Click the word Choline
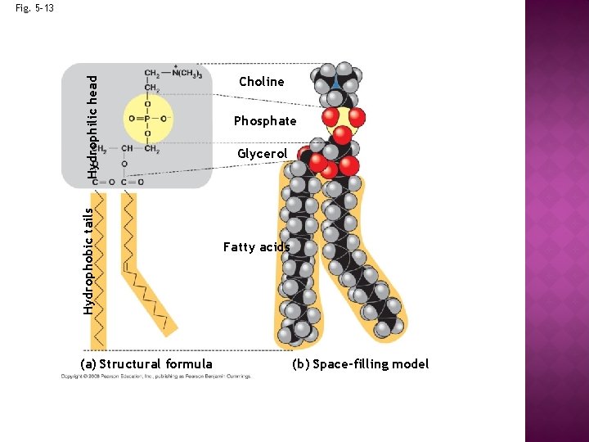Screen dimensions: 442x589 tap(262, 82)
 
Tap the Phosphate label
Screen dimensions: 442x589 tap(265, 121)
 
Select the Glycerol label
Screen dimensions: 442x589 tap(262, 154)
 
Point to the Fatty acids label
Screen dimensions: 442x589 tap(256, 247)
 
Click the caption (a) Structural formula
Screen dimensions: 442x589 tap(146, 364)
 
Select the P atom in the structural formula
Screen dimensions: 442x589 tap(148, 118)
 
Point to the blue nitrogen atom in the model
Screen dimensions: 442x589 tap(337, 83)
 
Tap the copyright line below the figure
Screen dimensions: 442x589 tap(155, 377)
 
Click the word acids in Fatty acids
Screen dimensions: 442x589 tap(274, 247)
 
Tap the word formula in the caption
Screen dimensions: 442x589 tap(189, 364)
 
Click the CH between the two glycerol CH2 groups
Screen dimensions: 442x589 tap(126, 149)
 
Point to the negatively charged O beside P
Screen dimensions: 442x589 tap(166, 118)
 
